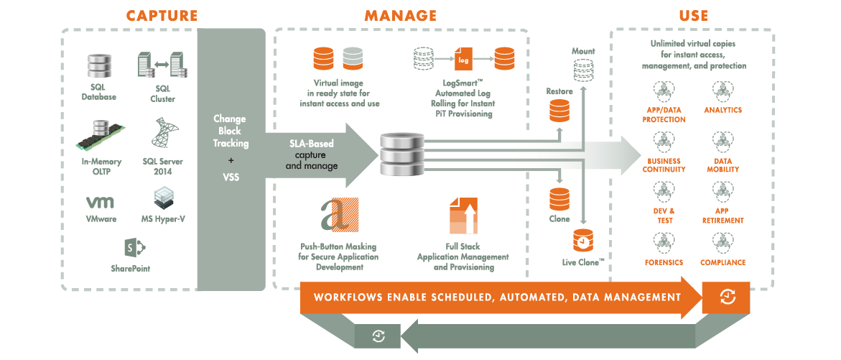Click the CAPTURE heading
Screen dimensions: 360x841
tap(162, 15)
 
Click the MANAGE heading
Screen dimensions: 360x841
tap(401, 15)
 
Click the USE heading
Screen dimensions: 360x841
tap(693, 15)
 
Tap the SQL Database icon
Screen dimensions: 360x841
tap(98, 66)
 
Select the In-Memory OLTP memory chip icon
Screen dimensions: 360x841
tap(98, 137)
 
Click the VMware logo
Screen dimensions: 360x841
tap(101, 202)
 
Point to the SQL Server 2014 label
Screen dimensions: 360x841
tap(163, 166)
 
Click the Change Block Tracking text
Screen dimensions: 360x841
tap(230, 131)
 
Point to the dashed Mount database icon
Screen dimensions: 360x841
tap(584, 70)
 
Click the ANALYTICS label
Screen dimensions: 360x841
tap(722, 111)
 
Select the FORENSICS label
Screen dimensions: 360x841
tap(664, 263)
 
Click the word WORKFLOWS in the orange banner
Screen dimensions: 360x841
tap(348, 297)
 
